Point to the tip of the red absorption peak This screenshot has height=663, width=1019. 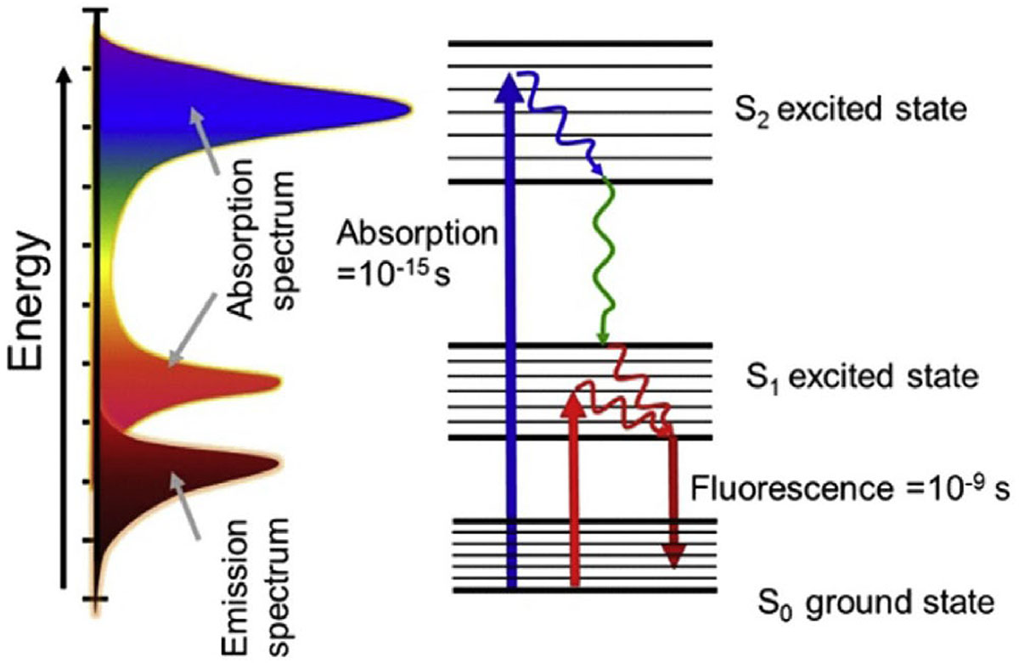pyautogui.click(x=278, y=382)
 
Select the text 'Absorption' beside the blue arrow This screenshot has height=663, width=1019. pyautogui.click(x=415, y=232)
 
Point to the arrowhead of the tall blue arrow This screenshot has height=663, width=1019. pyautogui.click(x=509, y=83)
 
